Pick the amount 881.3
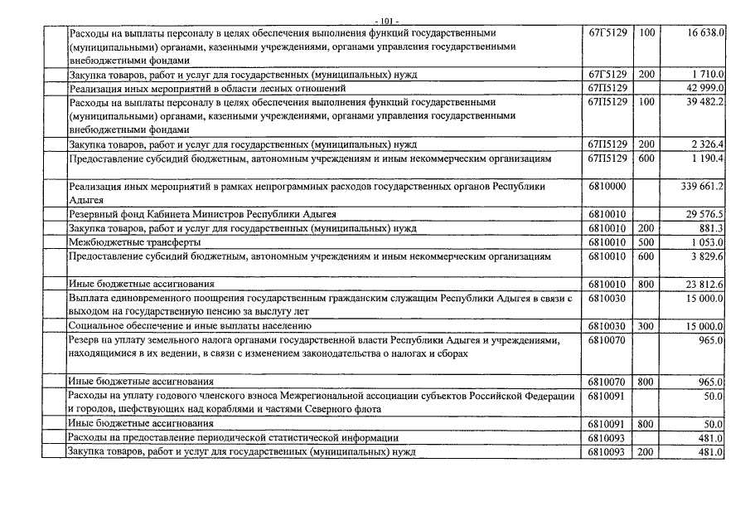click(712, 228)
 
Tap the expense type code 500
click(647, 242)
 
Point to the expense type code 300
click(647, 326)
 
